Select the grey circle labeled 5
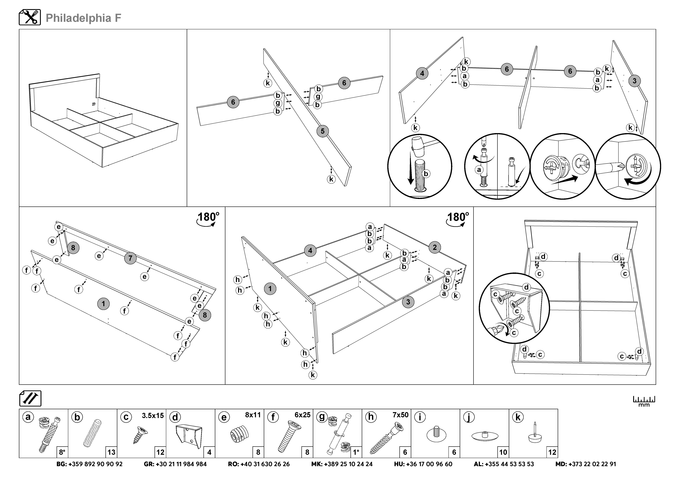[322, 131]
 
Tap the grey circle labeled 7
[130, 258]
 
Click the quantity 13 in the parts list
[111, 452]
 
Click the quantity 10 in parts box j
[503, 452]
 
